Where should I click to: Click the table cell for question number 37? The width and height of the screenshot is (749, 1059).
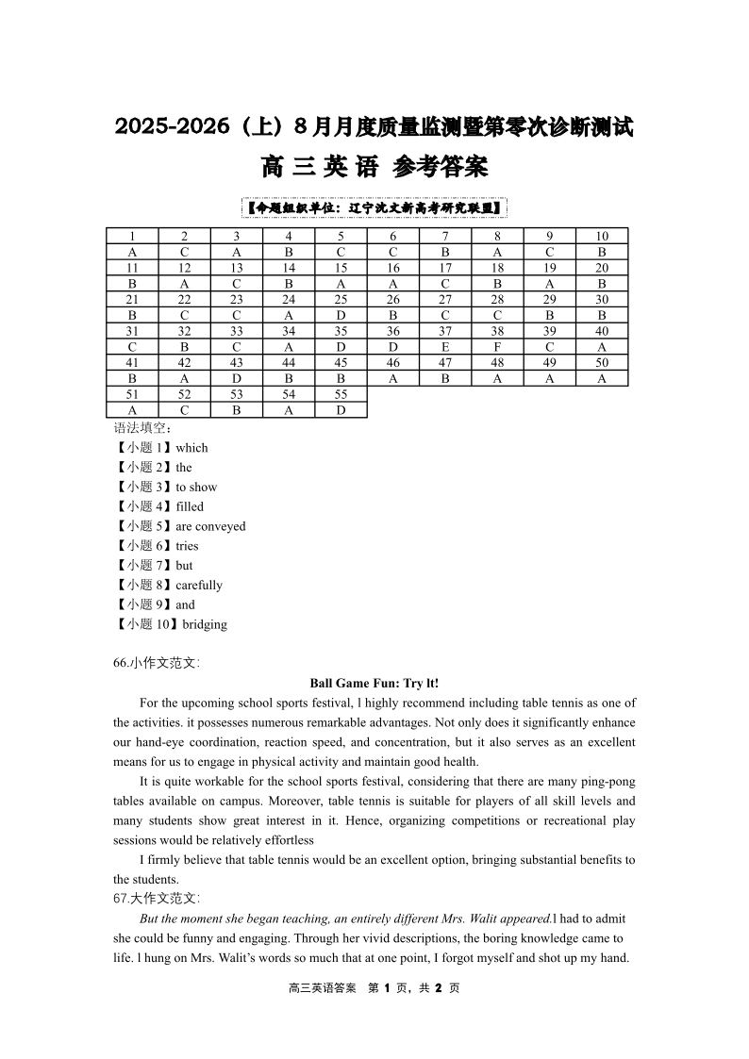[445, 331]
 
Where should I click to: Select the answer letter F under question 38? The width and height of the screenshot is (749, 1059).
[497, 347]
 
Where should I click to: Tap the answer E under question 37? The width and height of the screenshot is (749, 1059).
[445, 347]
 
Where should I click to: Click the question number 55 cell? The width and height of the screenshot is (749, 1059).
[341, 394]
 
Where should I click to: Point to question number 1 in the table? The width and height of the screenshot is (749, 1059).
[132, 237]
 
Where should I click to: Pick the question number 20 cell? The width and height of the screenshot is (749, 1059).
[602, 268]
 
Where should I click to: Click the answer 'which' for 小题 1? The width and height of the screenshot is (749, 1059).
[191, 448]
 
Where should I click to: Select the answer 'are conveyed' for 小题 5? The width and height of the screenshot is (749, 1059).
[210, 526]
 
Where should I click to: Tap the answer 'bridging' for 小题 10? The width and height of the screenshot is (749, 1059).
[205, 624]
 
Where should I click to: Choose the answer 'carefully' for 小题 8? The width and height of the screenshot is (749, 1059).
[199, 585]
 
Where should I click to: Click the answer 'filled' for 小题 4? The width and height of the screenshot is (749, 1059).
[190, 506]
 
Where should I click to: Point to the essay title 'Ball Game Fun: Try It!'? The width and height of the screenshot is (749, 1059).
[374, 683]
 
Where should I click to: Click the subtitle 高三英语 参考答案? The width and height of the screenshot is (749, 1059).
[374, 168]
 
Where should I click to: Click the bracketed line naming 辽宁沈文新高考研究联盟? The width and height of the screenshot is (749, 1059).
[374, 207]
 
